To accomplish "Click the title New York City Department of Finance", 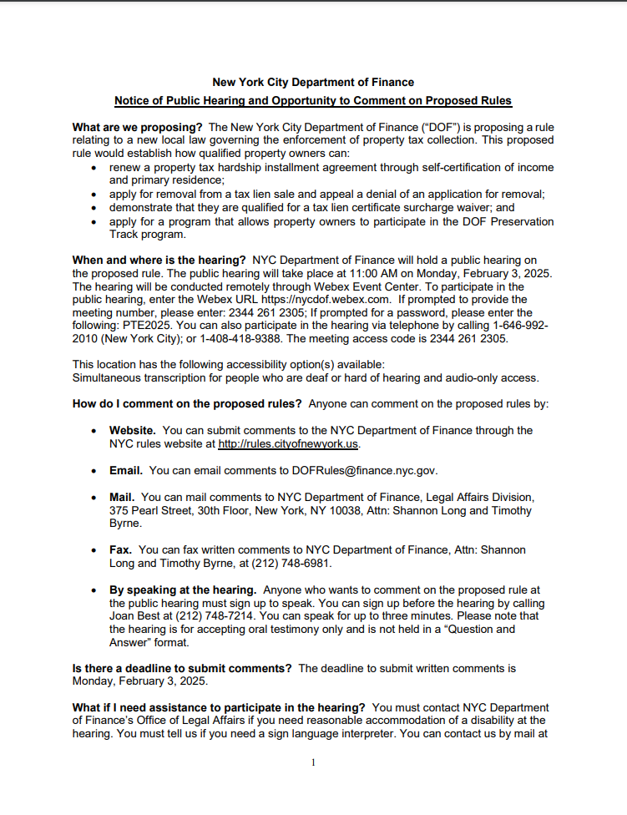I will [x=313, y=82].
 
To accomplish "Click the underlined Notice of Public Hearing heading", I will [x=313, y=101].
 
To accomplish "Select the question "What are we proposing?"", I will [x=138, y=127].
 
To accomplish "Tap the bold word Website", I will [x=133, y=430].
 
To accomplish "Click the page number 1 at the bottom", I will [x=312, y=762].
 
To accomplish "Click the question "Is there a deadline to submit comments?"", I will [x=182, y=669].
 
